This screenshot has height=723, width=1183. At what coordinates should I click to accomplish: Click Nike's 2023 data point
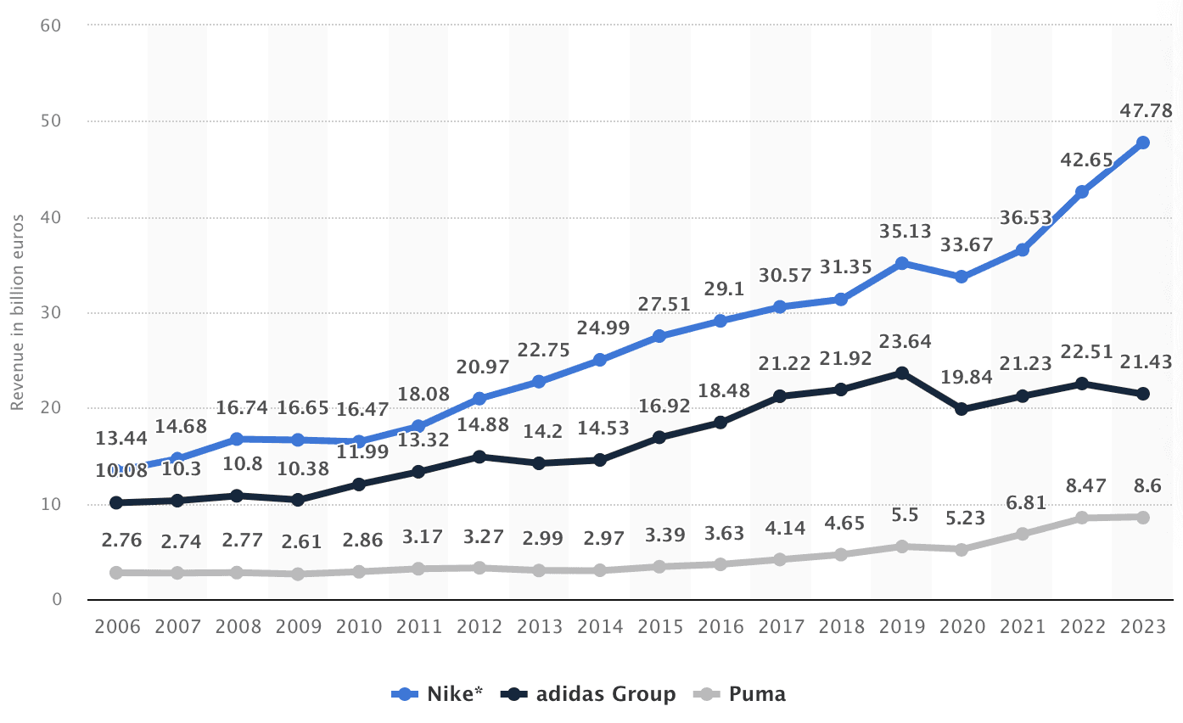(x=1142, y=143)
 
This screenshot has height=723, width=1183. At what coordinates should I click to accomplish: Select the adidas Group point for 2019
(x=901, y=373)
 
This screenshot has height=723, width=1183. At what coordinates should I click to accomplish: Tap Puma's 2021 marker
(x=1022, y=534)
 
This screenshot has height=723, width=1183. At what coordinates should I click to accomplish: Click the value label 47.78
(x=1142, y=111)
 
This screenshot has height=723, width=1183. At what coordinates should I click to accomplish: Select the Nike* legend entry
(x=437, y=694)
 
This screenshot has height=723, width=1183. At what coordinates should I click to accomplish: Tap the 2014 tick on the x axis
(x=599, y=627)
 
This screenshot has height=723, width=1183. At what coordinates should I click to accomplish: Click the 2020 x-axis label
(x=962, y=627)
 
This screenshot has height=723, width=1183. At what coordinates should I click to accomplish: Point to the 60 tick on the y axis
(x=51, y=25)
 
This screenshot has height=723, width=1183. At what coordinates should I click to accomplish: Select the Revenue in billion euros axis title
(x=17, y=313)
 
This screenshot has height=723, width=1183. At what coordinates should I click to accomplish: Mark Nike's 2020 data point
(x=962, y=277)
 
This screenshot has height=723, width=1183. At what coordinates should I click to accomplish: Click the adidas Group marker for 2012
(x=479, y=457)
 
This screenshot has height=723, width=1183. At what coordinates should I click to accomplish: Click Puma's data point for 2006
(x=116, y=573)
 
